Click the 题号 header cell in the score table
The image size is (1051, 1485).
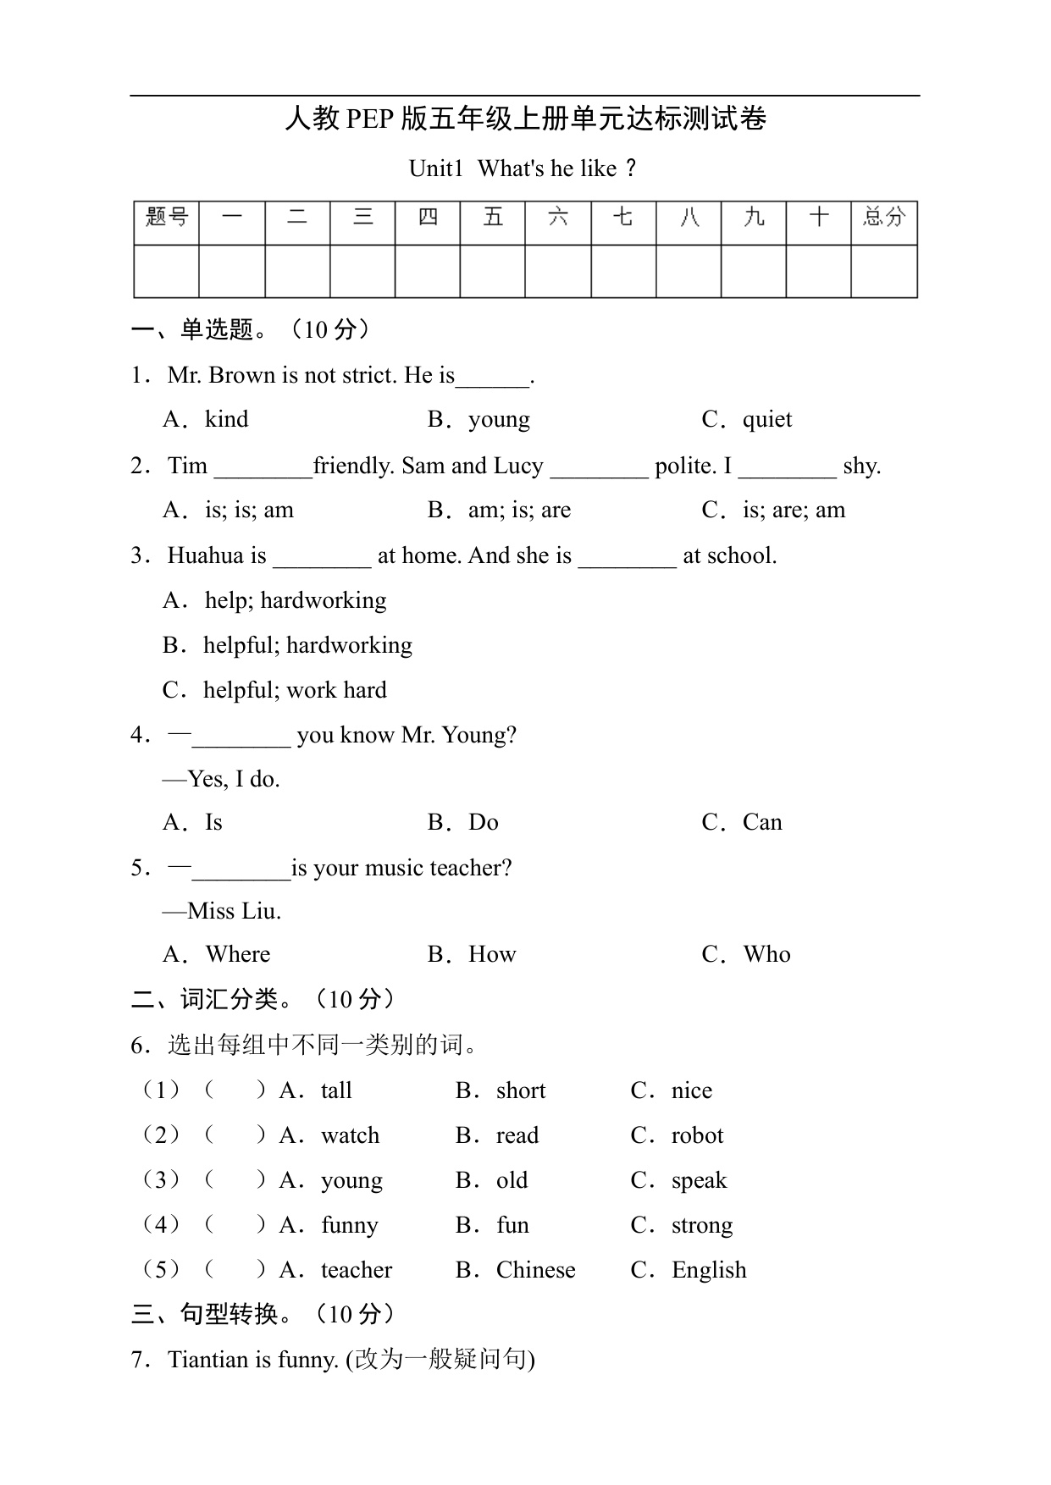pyautogui.click(x=167, y=218)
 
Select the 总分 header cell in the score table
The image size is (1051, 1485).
pyautogui.click(x=884, y=218)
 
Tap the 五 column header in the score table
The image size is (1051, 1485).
pyautogui.click(x=493, y=218)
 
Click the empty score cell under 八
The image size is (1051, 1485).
pyautogui.click(x=689, y=271)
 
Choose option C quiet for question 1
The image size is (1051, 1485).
pyautogui.click(x=766, y=420)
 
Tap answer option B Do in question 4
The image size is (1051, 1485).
pyautogui.click(x=483, y=822)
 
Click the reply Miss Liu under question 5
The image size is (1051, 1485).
pyautogui.click(x=234, y=911)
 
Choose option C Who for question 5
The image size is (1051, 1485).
pyautogui.click(x=766, y=954)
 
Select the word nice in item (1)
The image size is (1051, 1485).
pyautogui.click(x=691, y=1090)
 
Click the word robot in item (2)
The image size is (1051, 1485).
pyautogui.click(x=697, y=1135)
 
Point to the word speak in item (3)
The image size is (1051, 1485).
pyautogui.click(x=699, y=1180)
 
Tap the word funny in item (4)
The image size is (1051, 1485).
pyautogui.click(x=350, y=1225)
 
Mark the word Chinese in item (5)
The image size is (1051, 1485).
pyautogui.click(x=535, y=1270)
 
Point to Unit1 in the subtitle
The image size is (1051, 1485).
pyautogui.click(x=435, y=168)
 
